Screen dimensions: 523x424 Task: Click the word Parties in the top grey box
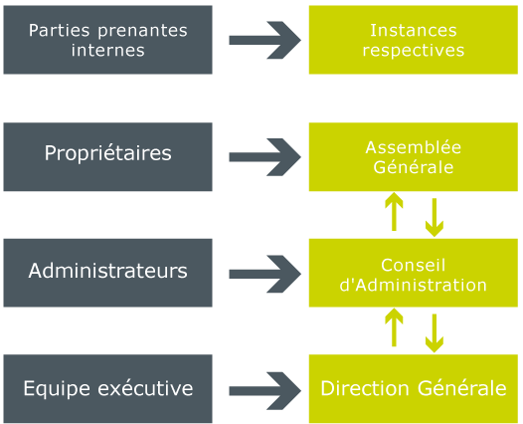click(59, 30)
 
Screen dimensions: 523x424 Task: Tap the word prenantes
click(142, 32)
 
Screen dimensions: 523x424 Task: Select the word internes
click(107, 50)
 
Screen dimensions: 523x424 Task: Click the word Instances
click(414, 30)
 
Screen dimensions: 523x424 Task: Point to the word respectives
click(414, 51)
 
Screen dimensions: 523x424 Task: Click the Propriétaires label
click(107, 153)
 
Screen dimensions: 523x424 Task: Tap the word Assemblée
click(414, 147)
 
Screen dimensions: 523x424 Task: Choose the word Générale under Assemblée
click(414, 167)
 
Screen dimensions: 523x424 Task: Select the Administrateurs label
click(107, 271)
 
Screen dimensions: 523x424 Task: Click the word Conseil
click(414, 265)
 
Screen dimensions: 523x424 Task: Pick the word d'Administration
click(414, 285)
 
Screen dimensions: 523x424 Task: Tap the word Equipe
click(57, 389)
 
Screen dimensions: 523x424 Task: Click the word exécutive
click(145, 388)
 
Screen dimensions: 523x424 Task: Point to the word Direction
click(365, 388)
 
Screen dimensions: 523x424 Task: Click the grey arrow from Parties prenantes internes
click(264, 40)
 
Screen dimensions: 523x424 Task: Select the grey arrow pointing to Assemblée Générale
click(264, 157)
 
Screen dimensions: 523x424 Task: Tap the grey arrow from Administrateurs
click(264, 274)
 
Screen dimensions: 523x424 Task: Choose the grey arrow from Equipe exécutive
click(264, 391)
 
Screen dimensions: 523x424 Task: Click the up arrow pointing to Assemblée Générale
click(394, 211)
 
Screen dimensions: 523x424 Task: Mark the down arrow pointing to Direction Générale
click(435, 333)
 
